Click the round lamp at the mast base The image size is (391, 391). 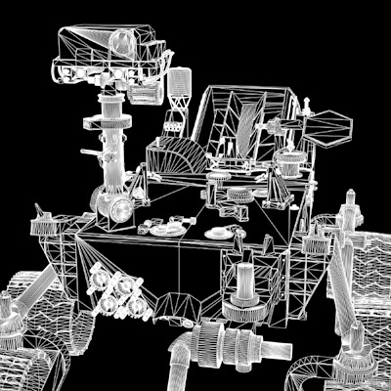point(121,208)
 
